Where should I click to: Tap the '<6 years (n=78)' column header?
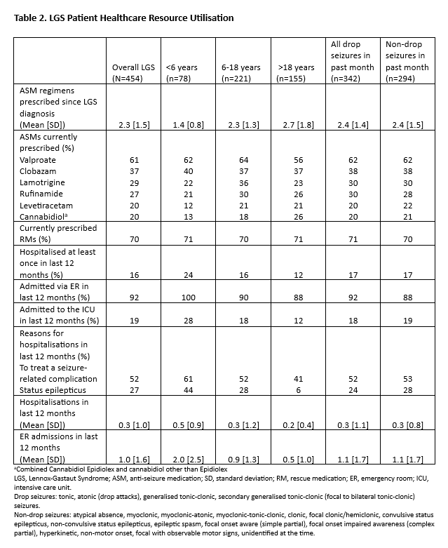coord(182,73)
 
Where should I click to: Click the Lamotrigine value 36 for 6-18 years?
coord(241,182)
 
